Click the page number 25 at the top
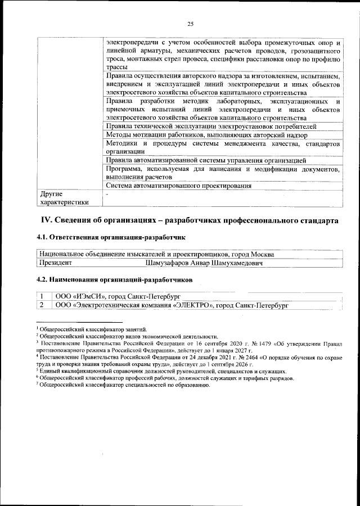[190, 23]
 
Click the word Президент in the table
[56, 263]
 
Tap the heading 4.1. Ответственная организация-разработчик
[110, 238]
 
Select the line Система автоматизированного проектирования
[178, 186]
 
